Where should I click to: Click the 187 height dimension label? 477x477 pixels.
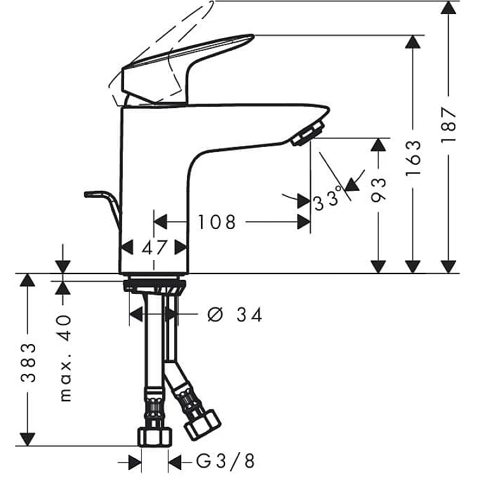pyautogui.click(x=448, y=125)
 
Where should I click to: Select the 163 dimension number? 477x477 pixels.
pyautogui.click(x=413, y=158)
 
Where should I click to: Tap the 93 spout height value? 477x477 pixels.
pyautogui.click(x=378, y=190)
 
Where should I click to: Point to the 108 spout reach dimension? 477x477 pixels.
pyautogui.click(x=217, y=222)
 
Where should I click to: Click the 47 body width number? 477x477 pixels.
pyautogui.click(x=155, y=247)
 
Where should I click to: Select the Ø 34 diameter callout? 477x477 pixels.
pyautogui.click(x=234, y=315)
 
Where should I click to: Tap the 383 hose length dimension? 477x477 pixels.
pyautogui.click(x=28, y=363)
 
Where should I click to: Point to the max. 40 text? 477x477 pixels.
pyautogui.click(x=65, y=358)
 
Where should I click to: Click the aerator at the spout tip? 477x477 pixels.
pyautogui.click(x=308, y=134)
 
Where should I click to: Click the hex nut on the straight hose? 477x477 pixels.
pyautogui.click(x=155, y=436)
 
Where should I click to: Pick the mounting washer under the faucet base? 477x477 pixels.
pyautogui.click(x=155, y=285)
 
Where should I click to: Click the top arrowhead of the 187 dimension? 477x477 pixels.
pyautogui.click(x=448, y=8)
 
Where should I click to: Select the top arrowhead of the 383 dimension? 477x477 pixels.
pyautogui.click(x=28, y=280)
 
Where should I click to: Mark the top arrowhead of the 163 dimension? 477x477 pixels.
pyautogui.click(x=413, y=42)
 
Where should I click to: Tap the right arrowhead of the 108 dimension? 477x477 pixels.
pyautogui.click(x=303, y=222)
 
